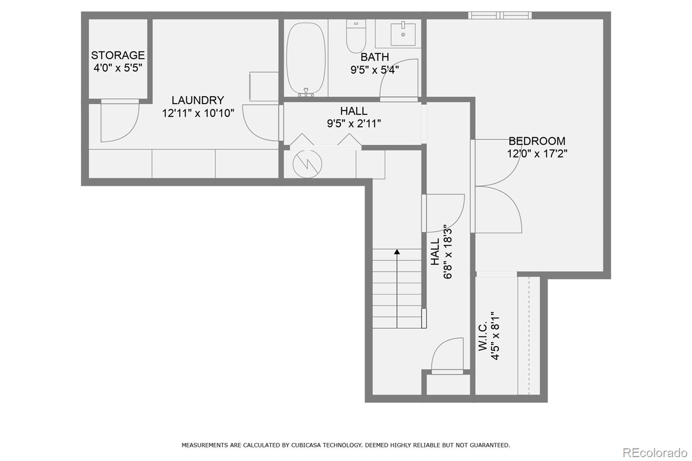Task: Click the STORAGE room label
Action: click(x=118, y=55)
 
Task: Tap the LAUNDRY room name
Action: click(x=198, y=100)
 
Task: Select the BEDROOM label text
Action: click(x=537, y=141)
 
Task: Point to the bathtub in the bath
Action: click(x=306, y=59)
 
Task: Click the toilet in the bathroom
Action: click(x=356, y=36)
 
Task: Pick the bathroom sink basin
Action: click(x=403, y=34)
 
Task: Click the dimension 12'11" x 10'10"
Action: click(x=198, y=113)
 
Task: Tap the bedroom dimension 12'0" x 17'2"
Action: click(x=537, y=154)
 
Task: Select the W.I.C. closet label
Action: click(x=483, y=336)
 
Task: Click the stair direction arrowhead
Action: click(x=397, y=252)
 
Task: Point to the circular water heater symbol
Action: click(x=307, y=164)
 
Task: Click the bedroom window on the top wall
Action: click(x=500, y=15)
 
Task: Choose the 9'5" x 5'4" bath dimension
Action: click(x=375, y=70)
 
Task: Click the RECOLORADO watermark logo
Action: click(x=655, y=453)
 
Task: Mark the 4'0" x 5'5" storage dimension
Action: click(x=118, y=68)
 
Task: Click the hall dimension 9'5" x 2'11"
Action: click(x=354, y=124)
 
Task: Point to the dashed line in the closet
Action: click(x=529, y=336)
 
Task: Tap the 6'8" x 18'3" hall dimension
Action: click(x=448, y=252)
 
